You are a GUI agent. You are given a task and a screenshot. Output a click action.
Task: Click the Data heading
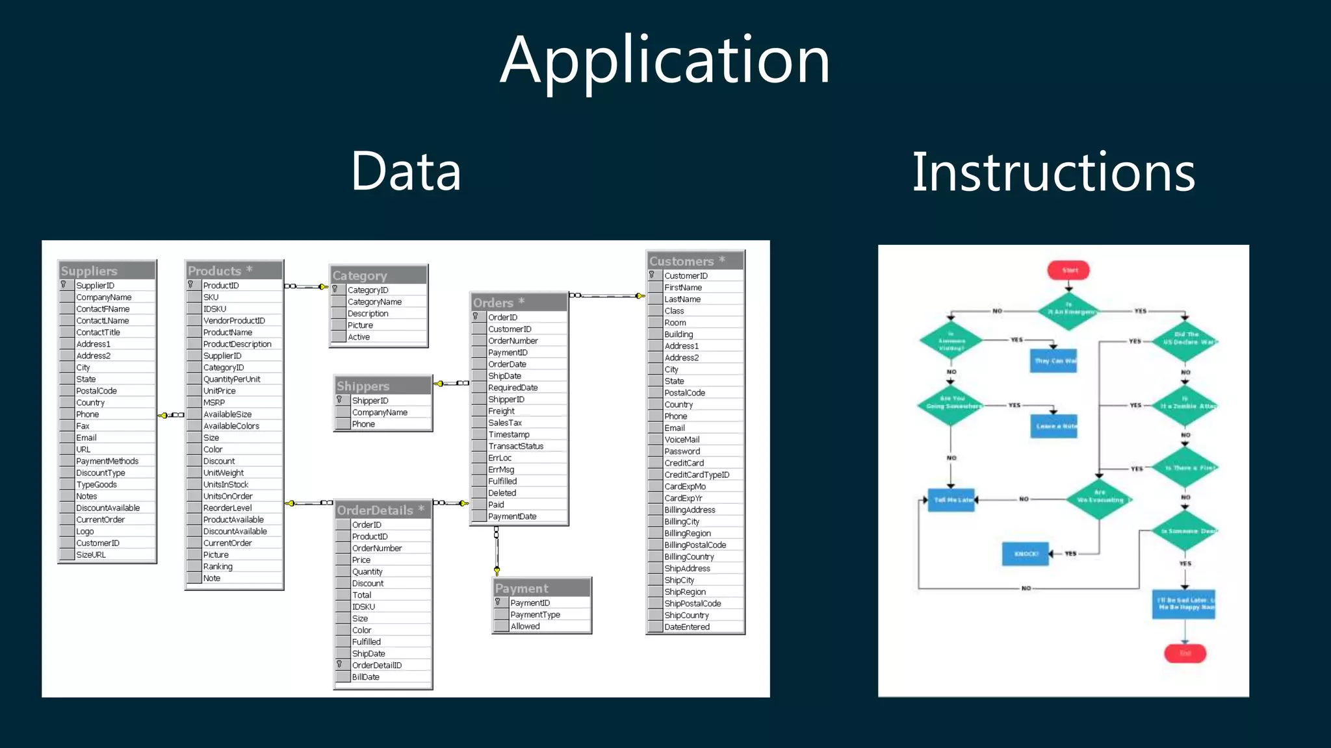point(406,171)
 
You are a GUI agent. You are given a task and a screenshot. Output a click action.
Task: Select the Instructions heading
point(1053,173)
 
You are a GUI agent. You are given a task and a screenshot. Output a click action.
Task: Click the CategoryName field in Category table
point(374,302)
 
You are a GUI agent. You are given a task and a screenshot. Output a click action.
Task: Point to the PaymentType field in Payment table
point(535,615)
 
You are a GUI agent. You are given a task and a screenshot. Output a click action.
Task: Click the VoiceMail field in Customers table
point(682,440)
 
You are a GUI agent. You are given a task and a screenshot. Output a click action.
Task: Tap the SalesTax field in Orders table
point(505,423)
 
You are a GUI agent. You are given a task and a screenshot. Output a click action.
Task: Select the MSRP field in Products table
point(214,403)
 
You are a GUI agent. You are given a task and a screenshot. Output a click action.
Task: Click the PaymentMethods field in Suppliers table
point(107,461)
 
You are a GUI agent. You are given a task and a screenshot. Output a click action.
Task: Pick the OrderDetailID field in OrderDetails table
point(377,666)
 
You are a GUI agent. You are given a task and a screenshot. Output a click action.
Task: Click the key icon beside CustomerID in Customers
point(652,275)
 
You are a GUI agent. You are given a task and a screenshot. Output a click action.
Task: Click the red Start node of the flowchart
point(1068,270)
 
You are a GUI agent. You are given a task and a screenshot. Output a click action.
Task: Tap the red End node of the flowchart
point(1185,653)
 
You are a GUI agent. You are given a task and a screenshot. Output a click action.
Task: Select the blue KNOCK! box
point(1026,554)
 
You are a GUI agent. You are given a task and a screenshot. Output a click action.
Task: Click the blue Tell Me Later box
point(951,500)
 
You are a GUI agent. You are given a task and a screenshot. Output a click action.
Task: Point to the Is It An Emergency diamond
point(1069,310)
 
